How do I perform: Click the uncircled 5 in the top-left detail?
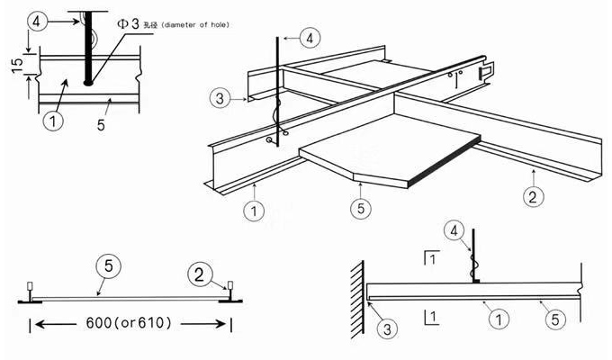click(x=100, y=124)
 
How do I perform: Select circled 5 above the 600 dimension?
click(x=109, y=268)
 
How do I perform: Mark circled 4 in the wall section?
click(x=458, y=233)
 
